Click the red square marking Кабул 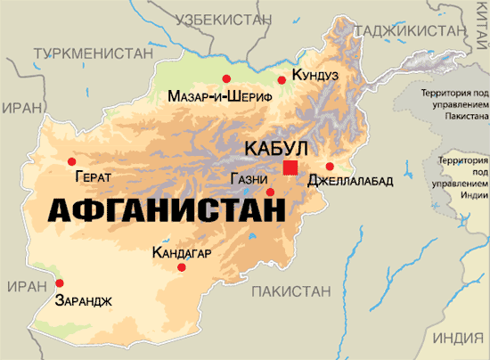pos(290,167)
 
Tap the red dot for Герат pos(72,161)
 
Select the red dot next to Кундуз pos(282,80)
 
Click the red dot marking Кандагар pos(182,267)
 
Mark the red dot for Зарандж pos(60,283)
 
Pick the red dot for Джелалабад pos(330,166)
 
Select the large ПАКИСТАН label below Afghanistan pos(293,291)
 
